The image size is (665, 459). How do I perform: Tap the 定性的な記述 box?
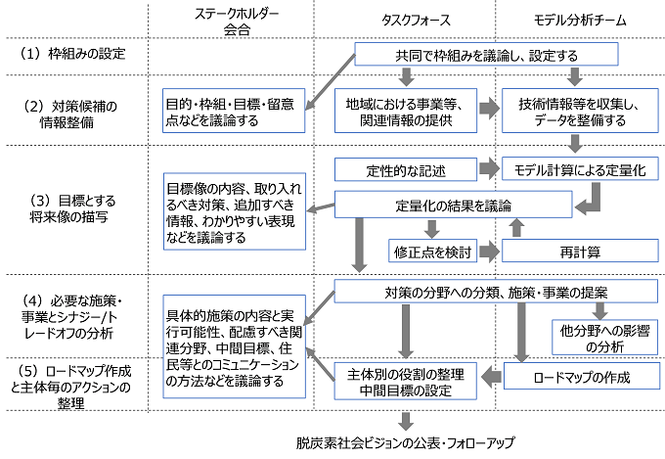[405, 170]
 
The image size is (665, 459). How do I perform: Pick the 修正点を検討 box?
[431, 252]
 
